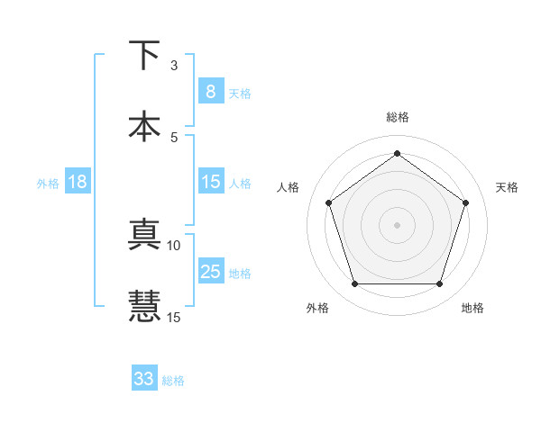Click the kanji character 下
pos(144,56)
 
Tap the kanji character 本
pos(144,126)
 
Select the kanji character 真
pos(144,236)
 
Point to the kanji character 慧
pos(144,306)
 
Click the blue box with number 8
pos(210,91)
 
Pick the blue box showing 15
pos(210,182)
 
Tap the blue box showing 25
pos(210,272)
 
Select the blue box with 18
pos(78,182)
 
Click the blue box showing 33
pos(144,379)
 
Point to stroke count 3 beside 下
pos(174,66)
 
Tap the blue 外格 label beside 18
pos(48,183)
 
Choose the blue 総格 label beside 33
pos(173,380)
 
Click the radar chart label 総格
pos(397,117)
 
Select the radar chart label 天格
pos(507,187)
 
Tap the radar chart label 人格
pos(288,187)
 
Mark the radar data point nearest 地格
pos(439,284)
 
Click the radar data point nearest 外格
pos(354,284)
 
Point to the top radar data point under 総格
pos(397,153)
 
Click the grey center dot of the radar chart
pos(397,225)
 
